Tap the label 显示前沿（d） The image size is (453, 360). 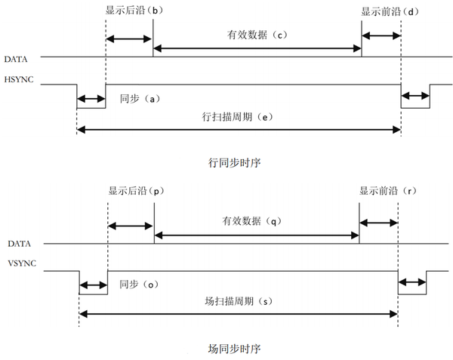[x=389, y=13]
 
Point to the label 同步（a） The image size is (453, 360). [x=137, y=99]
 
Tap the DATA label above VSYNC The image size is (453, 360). [x=18, y=244]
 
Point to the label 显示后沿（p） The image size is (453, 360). [x=136, y=192]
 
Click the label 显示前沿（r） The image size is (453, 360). [x=387, y=192]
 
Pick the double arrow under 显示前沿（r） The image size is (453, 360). [x=378, y=222]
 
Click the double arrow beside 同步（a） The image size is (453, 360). [x=91, y=99]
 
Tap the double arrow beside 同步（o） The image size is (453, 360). [x=94, y=285]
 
